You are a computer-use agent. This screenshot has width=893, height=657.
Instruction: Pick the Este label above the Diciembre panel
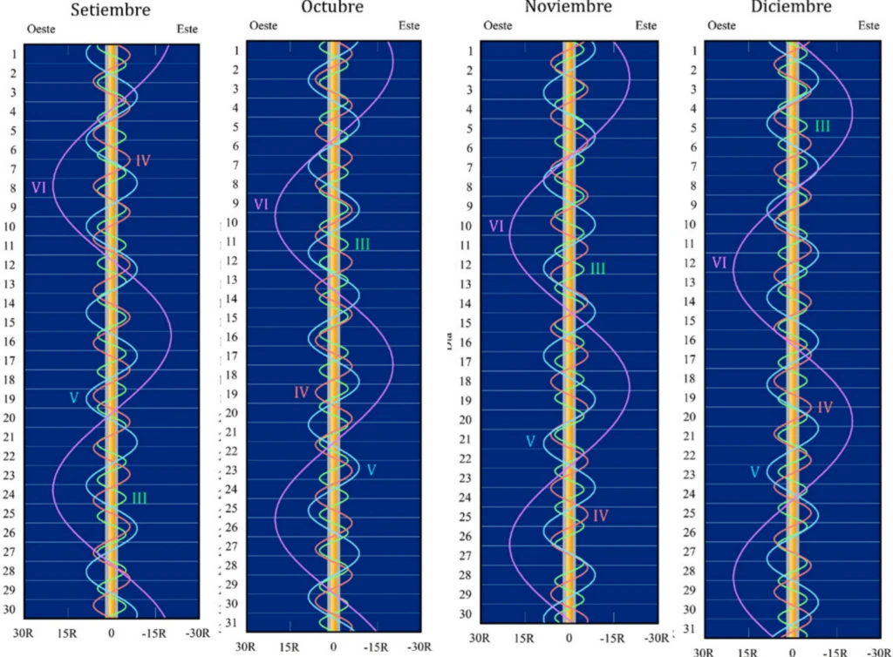point(868,25)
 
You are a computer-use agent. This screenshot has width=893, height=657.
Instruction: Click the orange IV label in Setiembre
point(143,160)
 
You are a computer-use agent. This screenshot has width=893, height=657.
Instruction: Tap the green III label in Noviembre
point(597,269)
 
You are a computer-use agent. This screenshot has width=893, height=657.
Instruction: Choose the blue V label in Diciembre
point(756,471)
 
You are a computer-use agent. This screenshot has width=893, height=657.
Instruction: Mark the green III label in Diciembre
point(822,126)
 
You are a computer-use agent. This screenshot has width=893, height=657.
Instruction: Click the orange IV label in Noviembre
point(600,516)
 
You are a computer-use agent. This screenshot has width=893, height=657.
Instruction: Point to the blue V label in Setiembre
point(74,398)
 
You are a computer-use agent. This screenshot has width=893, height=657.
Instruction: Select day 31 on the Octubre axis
point(232,623)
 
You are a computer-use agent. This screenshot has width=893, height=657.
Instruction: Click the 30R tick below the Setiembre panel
point(24,633)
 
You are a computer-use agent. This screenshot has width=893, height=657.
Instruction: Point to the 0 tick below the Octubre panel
point(333,647)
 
